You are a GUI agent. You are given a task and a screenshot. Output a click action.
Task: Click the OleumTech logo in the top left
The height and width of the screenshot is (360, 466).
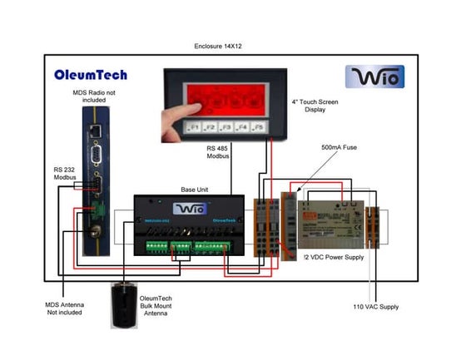pos(91,75)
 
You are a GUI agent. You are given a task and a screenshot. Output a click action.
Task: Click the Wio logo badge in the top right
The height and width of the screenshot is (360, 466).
pos(374,77)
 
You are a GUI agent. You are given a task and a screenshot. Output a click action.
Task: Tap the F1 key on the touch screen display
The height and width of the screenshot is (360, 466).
pos(194,127)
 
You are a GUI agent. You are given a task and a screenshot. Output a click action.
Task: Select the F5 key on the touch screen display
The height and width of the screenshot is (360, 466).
pos(258,127)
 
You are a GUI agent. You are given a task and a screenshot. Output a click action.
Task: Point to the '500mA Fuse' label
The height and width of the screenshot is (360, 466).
pos(340,147)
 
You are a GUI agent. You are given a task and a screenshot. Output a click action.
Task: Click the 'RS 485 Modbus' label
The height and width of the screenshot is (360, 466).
pos(219,152)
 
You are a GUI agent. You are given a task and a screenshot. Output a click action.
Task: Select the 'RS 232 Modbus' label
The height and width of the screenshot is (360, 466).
pos(64,174)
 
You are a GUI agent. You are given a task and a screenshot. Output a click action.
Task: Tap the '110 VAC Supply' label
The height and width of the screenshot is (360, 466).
pos(377,307)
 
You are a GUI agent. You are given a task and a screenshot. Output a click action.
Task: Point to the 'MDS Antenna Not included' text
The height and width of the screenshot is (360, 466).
pos(64,308)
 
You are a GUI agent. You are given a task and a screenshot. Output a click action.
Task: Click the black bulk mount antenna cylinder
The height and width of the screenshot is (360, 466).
pos(126,305)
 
